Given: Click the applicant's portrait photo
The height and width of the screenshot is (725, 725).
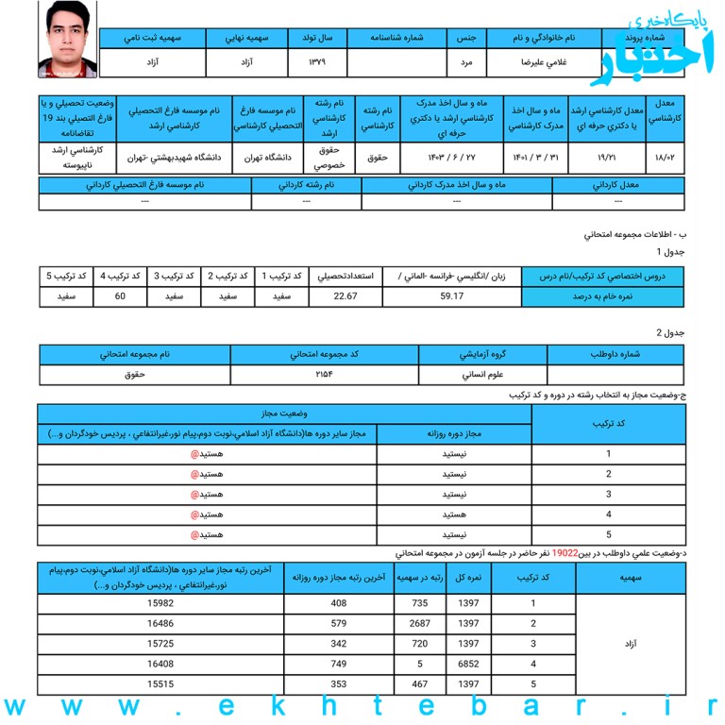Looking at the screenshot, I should coord(67,40).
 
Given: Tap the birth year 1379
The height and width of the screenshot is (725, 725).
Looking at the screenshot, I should coord(316,62).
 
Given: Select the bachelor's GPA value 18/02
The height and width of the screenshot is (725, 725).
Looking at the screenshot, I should coord(664,157).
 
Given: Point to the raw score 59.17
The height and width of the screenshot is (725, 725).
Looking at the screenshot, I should coord(451,297).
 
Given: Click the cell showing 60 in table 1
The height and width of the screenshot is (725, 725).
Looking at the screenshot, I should coord(120,297).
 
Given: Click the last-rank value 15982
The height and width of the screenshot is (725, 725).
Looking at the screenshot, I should coord(161,602).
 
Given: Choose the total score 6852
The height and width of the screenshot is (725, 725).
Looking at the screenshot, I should coord(469,663).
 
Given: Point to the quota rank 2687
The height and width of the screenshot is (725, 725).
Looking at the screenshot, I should coord(420,623).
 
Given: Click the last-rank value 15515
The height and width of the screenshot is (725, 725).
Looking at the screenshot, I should coord(161,683).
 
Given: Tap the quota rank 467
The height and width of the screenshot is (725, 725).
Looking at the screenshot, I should coord(420,683).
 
